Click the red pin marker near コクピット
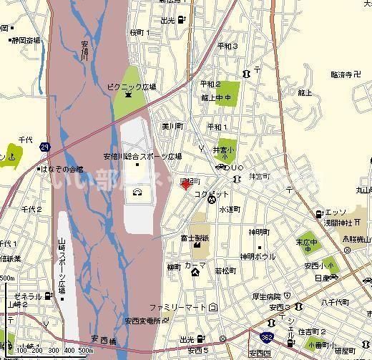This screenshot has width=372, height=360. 185,185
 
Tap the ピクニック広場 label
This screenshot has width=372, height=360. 132,86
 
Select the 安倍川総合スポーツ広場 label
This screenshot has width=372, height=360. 142,156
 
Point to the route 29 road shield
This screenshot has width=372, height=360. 46,147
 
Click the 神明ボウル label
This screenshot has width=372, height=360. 257,256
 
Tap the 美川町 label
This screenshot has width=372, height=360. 172,126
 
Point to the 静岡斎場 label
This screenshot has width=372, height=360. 26,40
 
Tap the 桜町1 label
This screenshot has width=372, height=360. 139,33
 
